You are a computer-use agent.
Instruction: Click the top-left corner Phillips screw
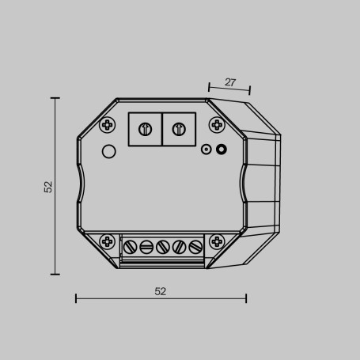tap(108, 123)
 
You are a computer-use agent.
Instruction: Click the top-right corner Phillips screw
tap(216, 123)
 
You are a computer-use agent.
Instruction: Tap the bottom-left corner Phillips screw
tap(108, 241)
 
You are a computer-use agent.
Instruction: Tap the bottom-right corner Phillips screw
tap(216, 241)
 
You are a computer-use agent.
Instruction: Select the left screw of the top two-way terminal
tap(145, 129)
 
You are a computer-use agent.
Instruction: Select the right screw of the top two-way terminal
tap(179, 129)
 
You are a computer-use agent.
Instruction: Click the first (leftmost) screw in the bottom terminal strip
tap(131, 247)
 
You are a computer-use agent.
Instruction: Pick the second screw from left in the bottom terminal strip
tap(146, 247)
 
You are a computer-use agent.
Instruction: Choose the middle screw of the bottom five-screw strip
tap(162, 247)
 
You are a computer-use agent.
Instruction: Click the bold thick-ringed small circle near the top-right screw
tap(222, 148)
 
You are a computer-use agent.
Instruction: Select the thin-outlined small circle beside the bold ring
tap(207, 148)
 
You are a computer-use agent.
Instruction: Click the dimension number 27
tap(230, 81)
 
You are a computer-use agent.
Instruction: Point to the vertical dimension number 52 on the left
tap(48, 187)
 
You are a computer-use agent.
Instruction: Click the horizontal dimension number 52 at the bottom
tap(161, 291)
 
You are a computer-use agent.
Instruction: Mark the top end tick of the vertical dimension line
tap(55, 98)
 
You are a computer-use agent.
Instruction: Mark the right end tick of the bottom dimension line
tap(246, 298)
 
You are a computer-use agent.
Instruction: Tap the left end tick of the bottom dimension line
tap(76, 298)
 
